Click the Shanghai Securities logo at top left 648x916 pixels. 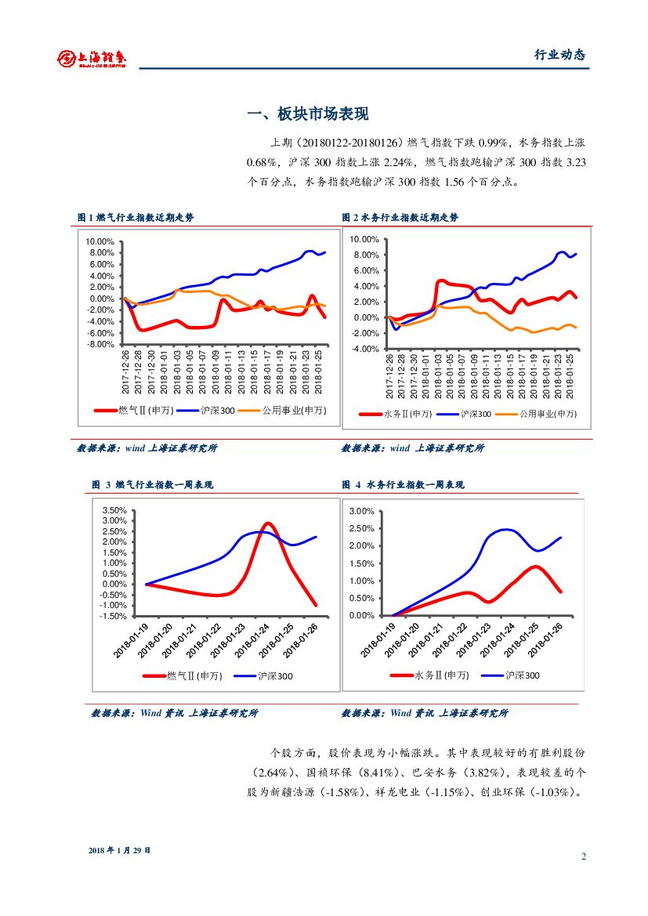point(92,58)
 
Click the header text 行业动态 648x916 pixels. point(559,55)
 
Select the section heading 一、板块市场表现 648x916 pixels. point(307,114)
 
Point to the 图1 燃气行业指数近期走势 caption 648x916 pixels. point(136,217)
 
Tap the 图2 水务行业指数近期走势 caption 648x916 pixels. point(400,217)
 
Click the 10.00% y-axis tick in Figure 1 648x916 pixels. point(101,241)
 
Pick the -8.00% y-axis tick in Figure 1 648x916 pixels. point(101,345)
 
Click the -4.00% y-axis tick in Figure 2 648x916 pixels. point(364,349)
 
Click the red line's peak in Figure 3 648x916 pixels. point(268,523)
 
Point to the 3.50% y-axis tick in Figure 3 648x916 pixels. point(114,510)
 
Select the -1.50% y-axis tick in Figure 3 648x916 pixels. point(114,616)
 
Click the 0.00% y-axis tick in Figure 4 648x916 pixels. point(361,616)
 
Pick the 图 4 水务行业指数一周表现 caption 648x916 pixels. point(403,485)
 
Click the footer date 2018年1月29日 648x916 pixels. point(119,850)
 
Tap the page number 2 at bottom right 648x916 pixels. point(583,856)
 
